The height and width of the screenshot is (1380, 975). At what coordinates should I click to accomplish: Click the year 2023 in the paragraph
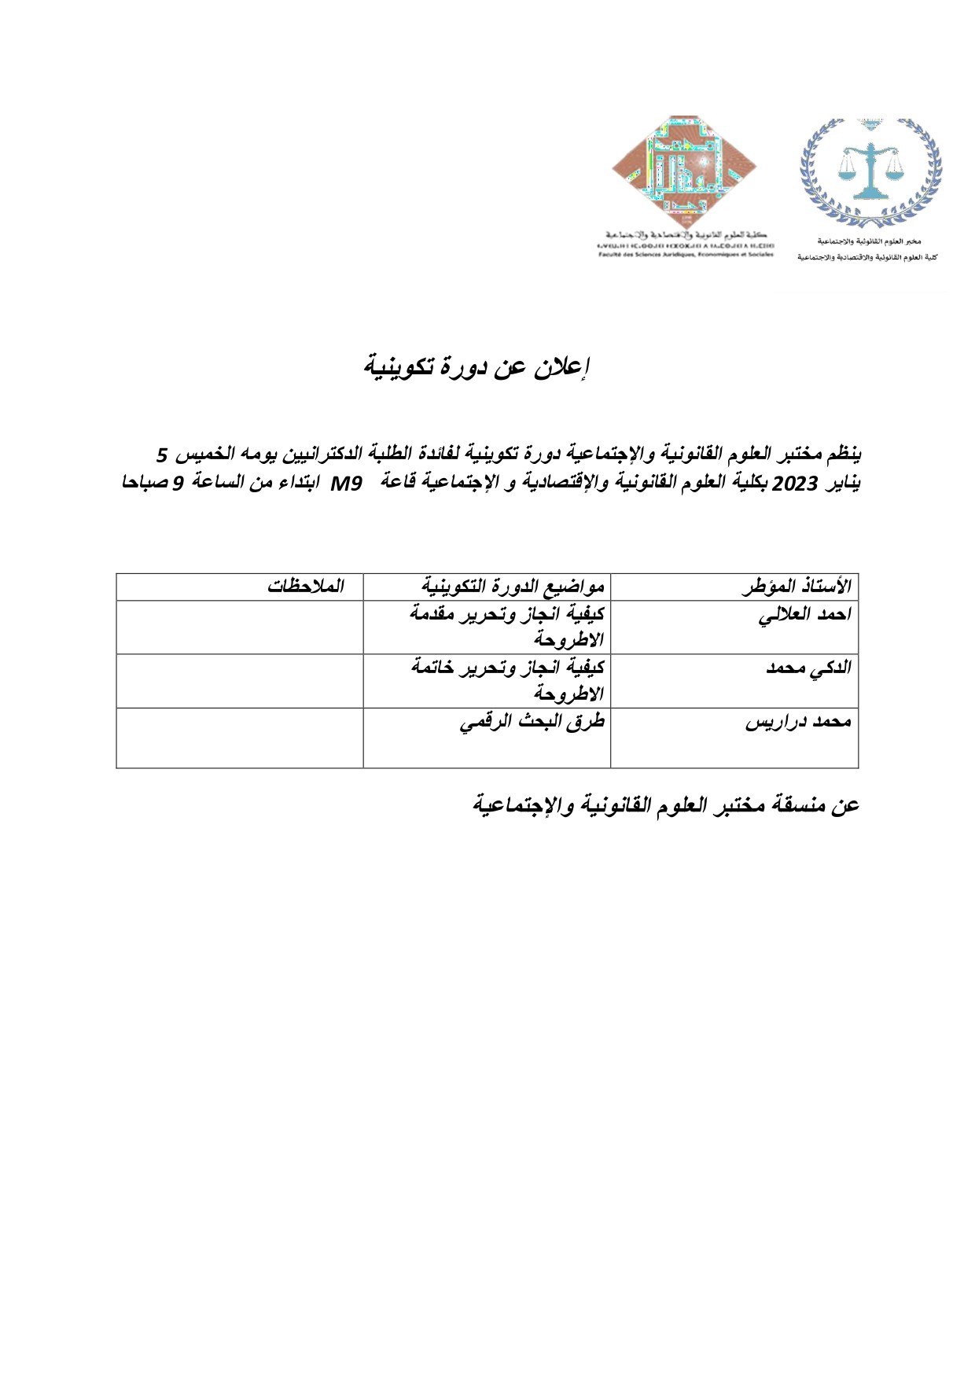click(x=796, y=484)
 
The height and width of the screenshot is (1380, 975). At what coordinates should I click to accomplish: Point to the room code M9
click(x=345, y=484)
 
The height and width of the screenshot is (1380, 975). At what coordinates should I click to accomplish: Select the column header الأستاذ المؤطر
click(x=797, y=587)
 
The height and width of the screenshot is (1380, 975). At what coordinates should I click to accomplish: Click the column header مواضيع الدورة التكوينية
click(x=513, y=587)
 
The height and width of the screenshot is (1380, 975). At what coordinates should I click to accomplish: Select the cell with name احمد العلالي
click(x=804, y=615)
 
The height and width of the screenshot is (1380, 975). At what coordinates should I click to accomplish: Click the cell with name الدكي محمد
click(x=808, y=668)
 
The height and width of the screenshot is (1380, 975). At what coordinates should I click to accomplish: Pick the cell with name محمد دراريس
click(x=798, y=722)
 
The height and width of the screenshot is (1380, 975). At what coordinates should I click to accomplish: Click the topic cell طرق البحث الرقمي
click(x=532, y=722)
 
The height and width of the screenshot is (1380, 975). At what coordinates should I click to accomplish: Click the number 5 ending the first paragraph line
click(x=162, y=454)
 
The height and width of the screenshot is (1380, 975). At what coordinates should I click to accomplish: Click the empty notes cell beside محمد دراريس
click(x=240, y=738)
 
